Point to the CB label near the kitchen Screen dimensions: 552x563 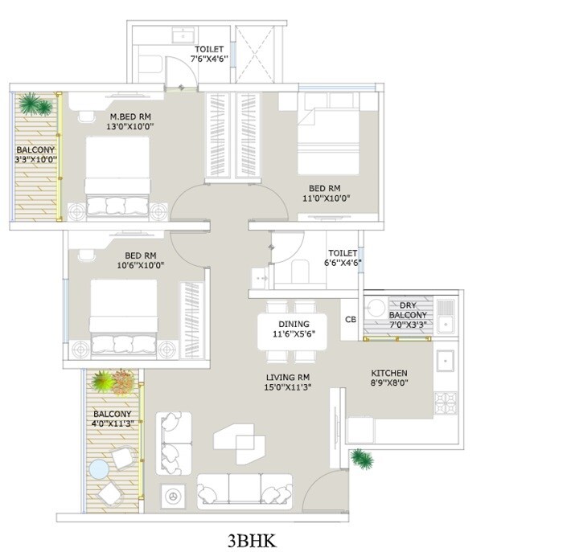coord(350,319)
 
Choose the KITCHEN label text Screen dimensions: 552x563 coord(389,374)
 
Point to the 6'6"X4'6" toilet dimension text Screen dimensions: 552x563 coord(343,263)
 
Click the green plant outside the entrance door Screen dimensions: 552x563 coord(361,459)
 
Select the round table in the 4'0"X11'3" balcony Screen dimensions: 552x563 coord(100,468)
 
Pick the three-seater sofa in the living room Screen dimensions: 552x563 coord(245,489)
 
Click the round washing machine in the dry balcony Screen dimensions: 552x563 coord(376,309)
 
